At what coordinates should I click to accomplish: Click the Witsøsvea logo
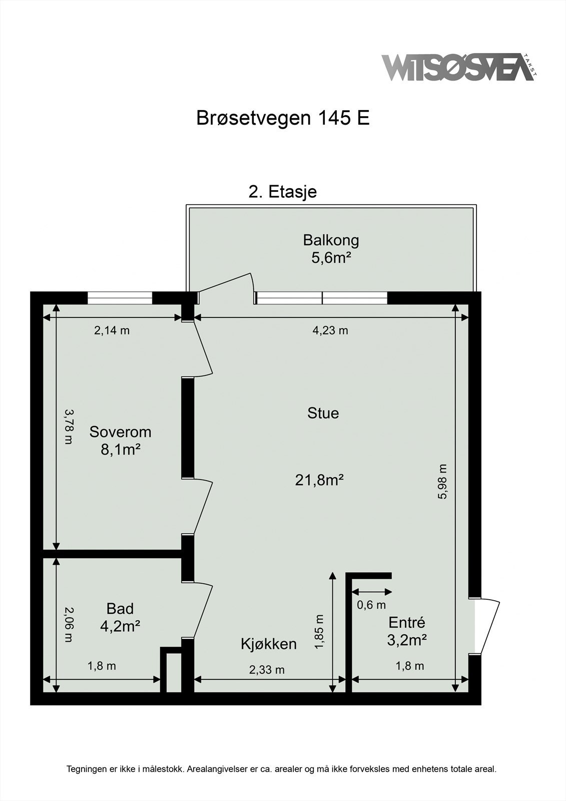(459, 68)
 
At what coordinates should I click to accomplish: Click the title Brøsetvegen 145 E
(283, 118)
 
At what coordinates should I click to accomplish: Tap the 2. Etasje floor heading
(282, 192)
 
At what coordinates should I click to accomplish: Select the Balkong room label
(331, 241)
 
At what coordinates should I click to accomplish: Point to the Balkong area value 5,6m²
(330, 257)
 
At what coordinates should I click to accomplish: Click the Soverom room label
(120, 432)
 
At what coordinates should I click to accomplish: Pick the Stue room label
(323, 413)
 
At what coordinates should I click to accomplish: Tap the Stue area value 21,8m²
(319, 480)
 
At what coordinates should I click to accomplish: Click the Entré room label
(407, 623)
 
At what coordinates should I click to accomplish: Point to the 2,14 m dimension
(112, 330)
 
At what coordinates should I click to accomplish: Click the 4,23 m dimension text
(330, 330)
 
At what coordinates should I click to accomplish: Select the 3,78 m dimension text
(68, 427)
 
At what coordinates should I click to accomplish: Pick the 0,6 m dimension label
(371, 605)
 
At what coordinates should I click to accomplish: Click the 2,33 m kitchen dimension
(267, 670)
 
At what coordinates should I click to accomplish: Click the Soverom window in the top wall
(120, 298)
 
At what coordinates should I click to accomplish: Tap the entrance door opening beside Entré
(475, 626)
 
